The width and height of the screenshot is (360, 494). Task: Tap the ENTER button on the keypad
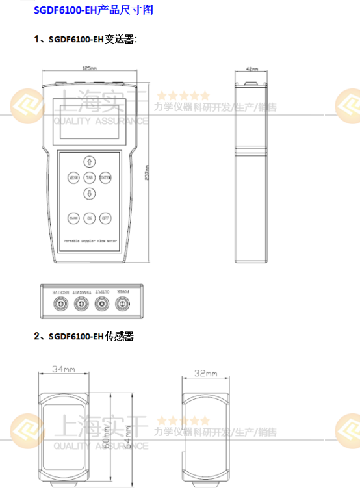tap(105, 177)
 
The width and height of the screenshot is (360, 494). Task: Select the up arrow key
tap(89, 161)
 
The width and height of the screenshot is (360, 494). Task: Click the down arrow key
tap(89, 193)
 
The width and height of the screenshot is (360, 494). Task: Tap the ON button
tap(89, 218)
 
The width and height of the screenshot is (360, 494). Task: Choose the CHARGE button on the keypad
tap(73, 218)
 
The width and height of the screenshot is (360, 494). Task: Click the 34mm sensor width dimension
tap(64, 369)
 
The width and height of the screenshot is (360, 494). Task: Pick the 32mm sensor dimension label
tap(206, 374)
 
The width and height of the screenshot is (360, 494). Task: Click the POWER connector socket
tap(122, 303)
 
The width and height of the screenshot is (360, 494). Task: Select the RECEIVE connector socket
tap(60, 303)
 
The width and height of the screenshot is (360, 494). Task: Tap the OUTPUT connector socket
tap(101, 303)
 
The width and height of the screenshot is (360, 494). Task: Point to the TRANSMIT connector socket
tap(80, 303)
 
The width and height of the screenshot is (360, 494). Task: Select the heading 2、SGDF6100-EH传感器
tap(84, 336)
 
